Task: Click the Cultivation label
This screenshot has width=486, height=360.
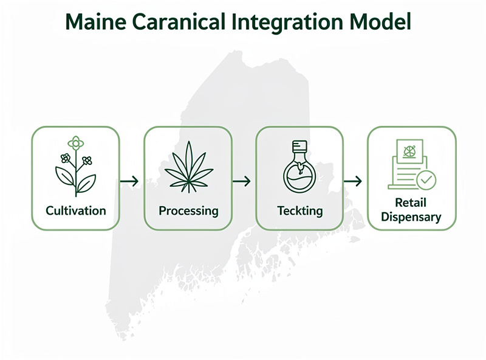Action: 76,211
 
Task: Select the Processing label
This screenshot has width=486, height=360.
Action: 188,211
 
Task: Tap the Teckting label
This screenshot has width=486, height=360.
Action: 300,211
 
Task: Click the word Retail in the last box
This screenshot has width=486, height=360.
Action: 411,202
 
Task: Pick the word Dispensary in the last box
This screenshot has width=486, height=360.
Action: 411,217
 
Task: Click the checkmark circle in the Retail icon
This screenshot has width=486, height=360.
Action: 426,179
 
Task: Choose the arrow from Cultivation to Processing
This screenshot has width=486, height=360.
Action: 129,181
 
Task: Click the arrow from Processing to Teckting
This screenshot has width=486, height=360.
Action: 242,181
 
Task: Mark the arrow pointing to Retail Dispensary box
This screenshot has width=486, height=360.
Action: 353,181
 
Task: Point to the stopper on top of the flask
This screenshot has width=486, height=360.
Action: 298,147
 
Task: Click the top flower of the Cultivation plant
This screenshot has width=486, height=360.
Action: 76,144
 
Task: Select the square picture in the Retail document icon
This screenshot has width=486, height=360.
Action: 409,150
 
